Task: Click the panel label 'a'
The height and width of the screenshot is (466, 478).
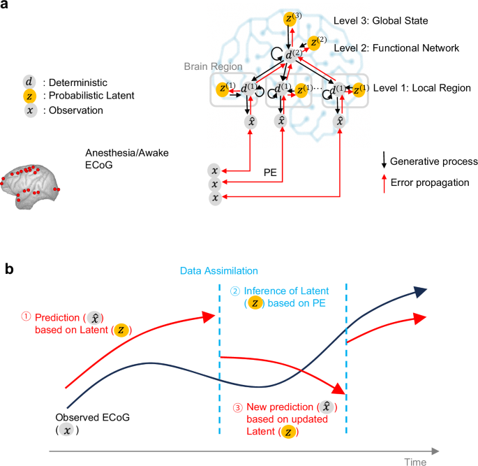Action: [6, 6]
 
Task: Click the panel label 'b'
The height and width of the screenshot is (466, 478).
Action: [7, 268]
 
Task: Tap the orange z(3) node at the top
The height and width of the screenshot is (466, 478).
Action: [290, 19]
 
